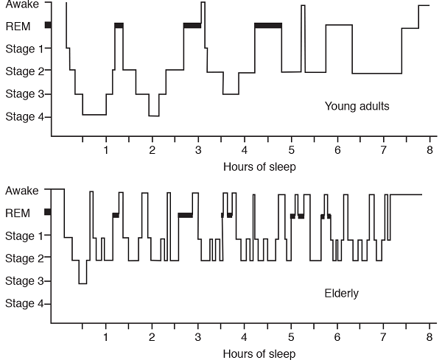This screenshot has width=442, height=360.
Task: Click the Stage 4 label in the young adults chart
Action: point(24,116)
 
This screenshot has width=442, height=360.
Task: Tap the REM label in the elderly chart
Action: point(18,213)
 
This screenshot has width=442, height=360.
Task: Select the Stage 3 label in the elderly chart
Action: point(24,281)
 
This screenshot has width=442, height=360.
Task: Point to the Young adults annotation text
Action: point(357,107)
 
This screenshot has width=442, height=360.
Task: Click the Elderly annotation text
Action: point(341,294)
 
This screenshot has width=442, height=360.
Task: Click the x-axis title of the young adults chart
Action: point(259,166)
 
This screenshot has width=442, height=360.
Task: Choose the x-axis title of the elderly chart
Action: point(259,354)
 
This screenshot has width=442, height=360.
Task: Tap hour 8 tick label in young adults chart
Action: point(429,150)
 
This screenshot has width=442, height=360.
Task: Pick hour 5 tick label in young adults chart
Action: point(291,150)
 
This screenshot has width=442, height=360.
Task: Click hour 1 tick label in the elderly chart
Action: point(106,337)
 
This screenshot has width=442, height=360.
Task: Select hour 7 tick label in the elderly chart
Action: point(383,337)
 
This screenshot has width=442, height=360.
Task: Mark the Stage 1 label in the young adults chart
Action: point(24,49)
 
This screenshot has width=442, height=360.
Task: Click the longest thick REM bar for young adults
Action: point(268,26)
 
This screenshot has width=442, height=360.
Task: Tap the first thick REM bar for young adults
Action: point(119,26)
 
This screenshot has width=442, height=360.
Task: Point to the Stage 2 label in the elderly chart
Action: point(24,258)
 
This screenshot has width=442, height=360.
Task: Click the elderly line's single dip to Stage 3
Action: point(83,283)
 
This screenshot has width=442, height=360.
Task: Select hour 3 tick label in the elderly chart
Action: point(198,337)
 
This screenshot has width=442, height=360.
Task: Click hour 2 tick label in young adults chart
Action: point(152,150)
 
